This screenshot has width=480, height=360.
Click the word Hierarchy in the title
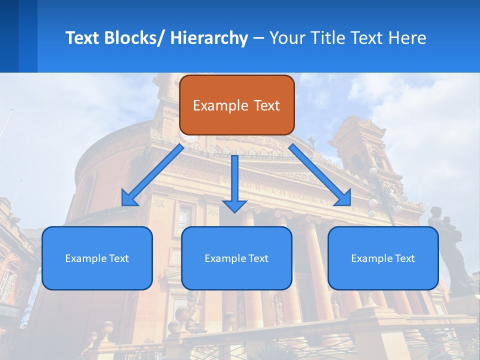(x=209, y=38)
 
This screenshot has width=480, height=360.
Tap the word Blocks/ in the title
(x=133, y=38)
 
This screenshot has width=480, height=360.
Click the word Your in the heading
(x=286, y=38)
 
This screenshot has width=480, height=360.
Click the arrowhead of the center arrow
(x=234, y=205)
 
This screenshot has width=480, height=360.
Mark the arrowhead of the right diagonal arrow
(x=344, y=199)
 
